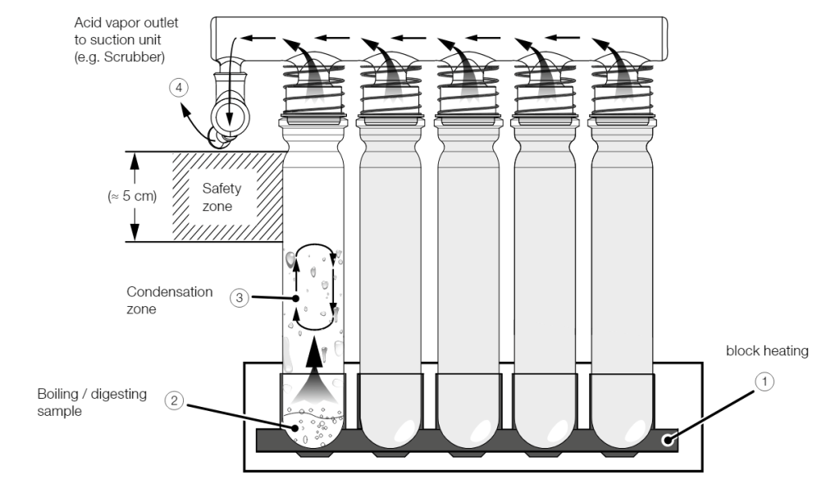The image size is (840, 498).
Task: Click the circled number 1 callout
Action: click(765, 381)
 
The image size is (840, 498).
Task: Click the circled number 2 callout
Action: click(174, 400)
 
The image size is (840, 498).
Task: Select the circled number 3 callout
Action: click(240, 298)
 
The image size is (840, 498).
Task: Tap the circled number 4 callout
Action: click(179, 88)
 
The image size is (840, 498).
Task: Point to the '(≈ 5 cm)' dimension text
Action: click(132, 196)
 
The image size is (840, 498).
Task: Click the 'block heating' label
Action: click(767, 351)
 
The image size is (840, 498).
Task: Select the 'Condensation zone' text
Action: click(169, 300)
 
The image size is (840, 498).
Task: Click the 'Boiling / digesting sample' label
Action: click(92, 403)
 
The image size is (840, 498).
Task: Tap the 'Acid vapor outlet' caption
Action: click(126, 23)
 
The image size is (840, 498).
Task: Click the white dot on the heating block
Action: click(667, 440)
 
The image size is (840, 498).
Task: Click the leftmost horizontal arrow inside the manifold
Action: click(258, 38)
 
